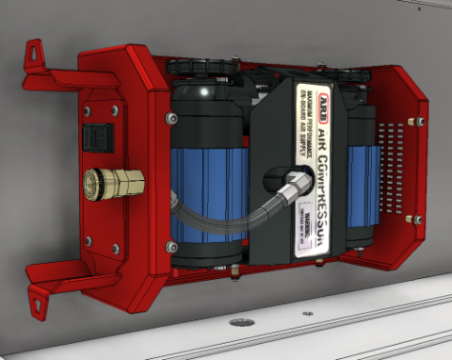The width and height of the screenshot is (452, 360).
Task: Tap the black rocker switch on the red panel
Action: click(97, 138)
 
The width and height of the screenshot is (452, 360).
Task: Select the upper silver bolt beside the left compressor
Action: click(169, 118)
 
